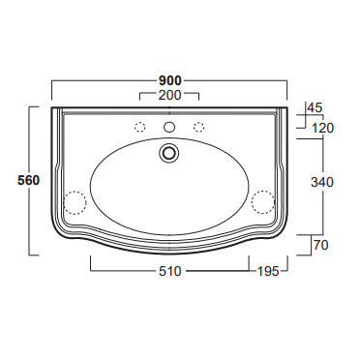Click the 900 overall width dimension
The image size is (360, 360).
[x=169, y=80]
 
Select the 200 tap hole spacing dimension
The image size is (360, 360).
[x=169, y=95]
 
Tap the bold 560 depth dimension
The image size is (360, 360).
[x=28, y=180]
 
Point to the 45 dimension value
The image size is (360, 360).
[x=315, y=107]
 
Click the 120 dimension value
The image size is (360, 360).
[x=323, y=129]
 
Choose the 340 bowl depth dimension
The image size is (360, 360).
[x=322, y=182]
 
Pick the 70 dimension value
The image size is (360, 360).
[x=320, y=245]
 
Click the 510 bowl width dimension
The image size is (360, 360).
[x=170, y=271]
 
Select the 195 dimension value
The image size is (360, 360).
[x=268, y=271]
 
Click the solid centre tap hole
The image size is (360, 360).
[x=169, y=127]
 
